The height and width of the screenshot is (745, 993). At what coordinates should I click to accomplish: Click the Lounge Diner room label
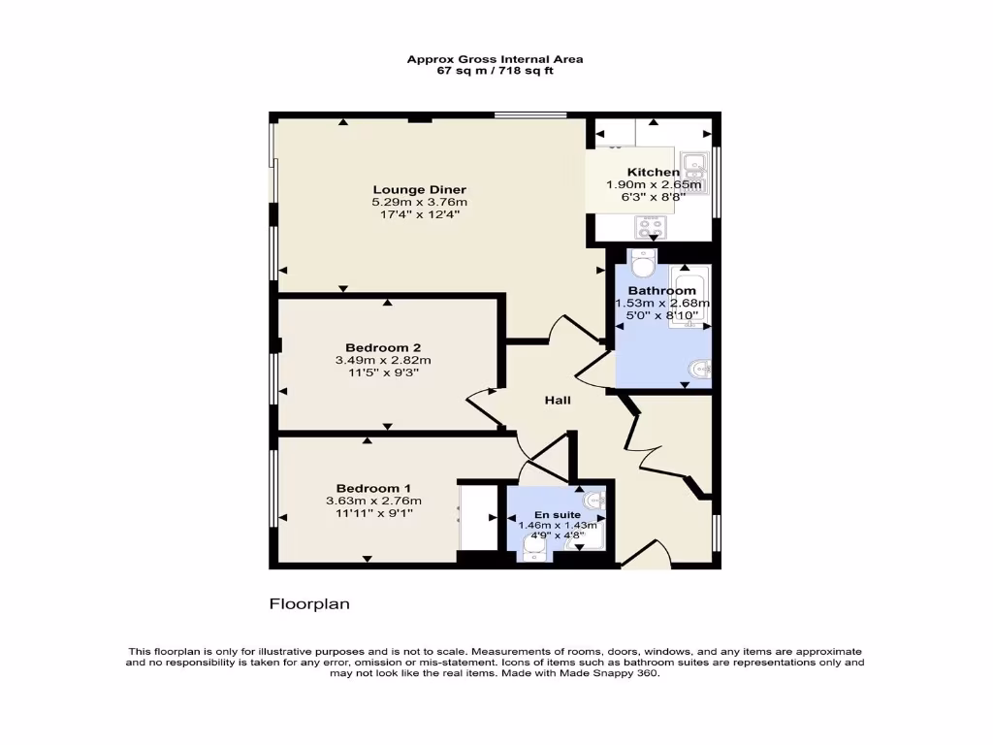420,189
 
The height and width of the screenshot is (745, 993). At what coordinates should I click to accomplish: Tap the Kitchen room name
654,172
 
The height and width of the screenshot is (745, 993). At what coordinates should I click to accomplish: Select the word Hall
557,400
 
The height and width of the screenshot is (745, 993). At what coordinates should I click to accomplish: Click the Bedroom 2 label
383,347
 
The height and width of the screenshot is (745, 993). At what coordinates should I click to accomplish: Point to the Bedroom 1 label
373,488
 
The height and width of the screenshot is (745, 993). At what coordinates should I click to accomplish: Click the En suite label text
558,514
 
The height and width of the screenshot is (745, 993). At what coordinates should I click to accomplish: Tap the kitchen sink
694,167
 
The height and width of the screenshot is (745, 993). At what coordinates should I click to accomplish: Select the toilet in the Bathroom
642,264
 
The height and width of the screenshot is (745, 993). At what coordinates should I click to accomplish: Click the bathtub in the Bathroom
691,296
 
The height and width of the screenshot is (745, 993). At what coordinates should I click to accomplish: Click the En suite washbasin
596,501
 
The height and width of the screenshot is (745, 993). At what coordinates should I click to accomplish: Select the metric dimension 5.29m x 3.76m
420,202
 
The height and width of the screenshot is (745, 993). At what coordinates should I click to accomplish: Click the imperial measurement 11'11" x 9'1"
373,513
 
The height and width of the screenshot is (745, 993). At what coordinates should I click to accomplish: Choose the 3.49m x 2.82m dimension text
383,360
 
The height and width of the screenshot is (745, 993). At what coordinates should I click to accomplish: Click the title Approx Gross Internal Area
495,59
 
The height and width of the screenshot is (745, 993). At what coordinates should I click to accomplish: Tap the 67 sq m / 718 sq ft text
495,71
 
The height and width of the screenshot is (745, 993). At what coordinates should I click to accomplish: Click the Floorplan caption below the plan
309,603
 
